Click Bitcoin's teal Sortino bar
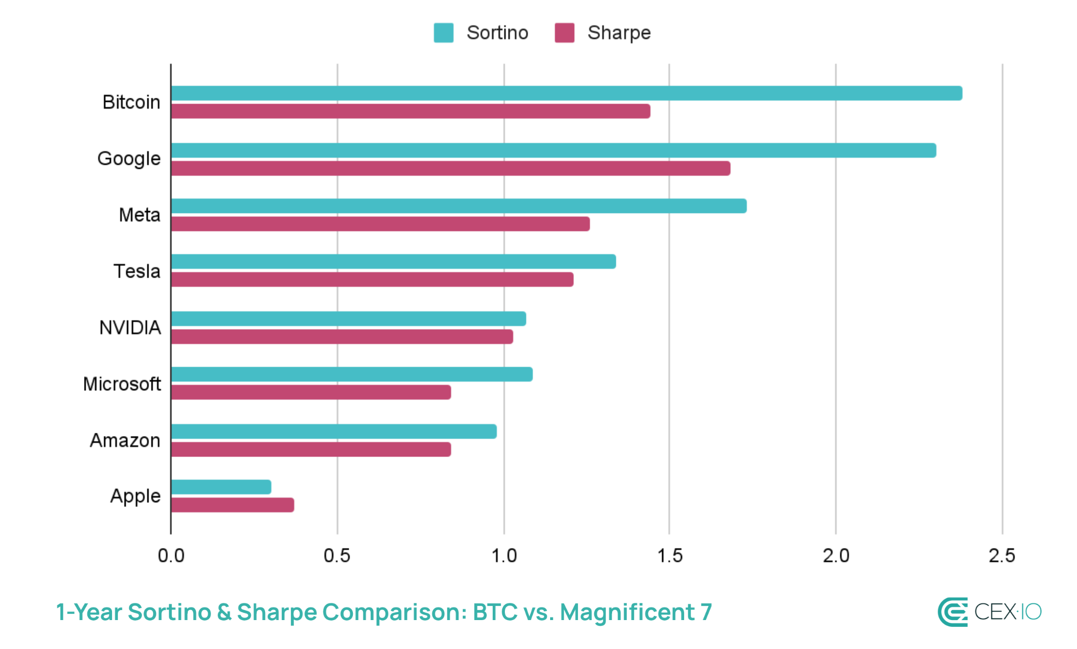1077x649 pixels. [x=566, y=93]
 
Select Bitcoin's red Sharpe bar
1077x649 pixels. [x=411, y=111]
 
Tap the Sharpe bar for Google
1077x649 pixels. [x=451, y=168]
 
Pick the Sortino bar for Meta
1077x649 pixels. [x=459, y=206]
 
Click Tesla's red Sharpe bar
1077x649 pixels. [x=372, y=279]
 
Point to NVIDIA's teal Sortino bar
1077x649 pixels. [x=349, y=319]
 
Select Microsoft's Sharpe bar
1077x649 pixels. [x=311, y=392]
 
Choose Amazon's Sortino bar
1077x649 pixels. [x=334, y=431]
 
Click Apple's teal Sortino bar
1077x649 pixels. [x=221, y=487]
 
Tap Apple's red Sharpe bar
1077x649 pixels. [x=232, y=505]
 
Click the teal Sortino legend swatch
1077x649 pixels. [x=443, y=33]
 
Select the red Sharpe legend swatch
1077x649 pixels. [x=564, y=33]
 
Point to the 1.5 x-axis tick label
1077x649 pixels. [x=669, y=556]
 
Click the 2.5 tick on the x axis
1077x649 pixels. [x=1002, y=556]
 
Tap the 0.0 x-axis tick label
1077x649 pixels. [x=171, y=556]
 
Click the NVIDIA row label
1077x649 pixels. [x=130, y=328]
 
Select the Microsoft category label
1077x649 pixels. [x=122, y=384]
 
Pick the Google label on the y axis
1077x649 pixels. [x=129, y=159]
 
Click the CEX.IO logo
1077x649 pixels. [x=989, y=612]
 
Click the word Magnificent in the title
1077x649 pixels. [x=627, y=612]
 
